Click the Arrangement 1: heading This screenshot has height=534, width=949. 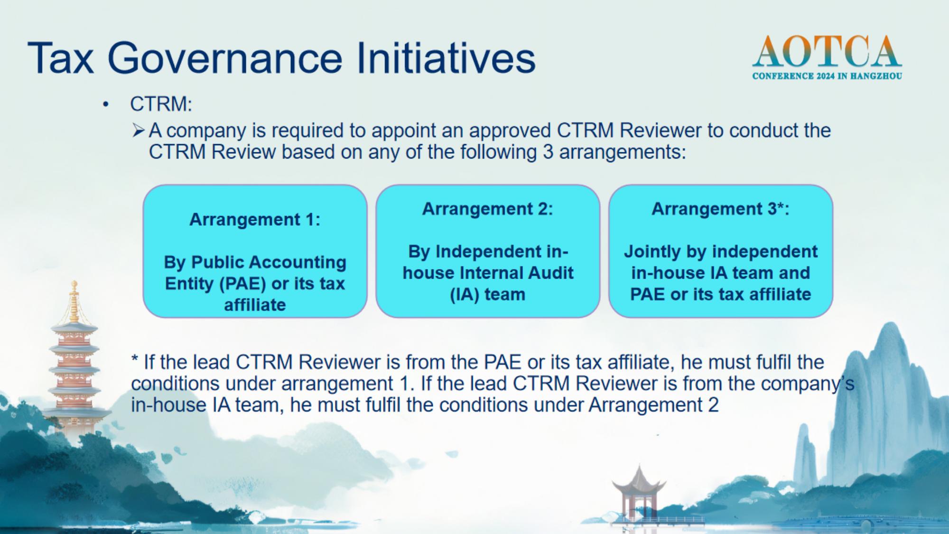pos(255,220)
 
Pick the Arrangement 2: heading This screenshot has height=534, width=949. pos(488,209)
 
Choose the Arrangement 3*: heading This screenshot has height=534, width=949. pos(720,209)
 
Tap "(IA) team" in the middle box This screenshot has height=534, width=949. pos(488,295)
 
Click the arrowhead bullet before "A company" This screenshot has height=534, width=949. pos(139,130)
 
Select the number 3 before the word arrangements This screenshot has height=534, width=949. pos(548,152)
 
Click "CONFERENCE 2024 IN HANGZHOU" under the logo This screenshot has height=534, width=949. pos(827,76)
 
